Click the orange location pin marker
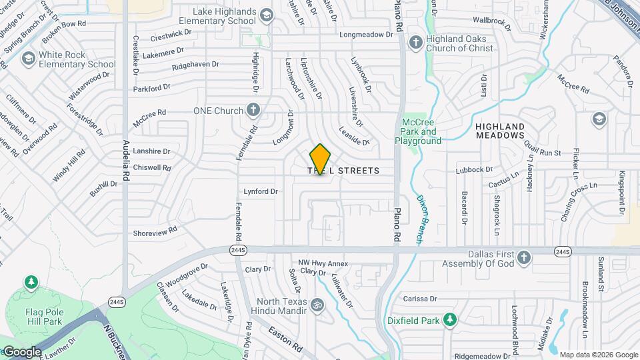pyautogui.click(x=321, y=159)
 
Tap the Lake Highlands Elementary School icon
pyautogui.click(x=267, y=15)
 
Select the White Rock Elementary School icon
pyautogui.click(x=29, y=59)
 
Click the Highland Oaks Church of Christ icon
pyautogui.click(x=415, y=43)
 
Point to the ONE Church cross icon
pyautogui.click(x=253, y=109)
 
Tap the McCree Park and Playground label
pyautogui.click(x=418, y=131)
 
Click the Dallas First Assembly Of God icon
pyautogui.click(x=525, y=257)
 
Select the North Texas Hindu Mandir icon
pyautogui.click(x=317, y=302)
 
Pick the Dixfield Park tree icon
pyautogui.click(x=450, y=321)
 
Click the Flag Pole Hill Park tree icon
pyautogui.click(x=31, y=282)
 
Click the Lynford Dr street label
pyautogui.click(x=261, y=191)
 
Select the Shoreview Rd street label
pyautogui.click(x=155, y=231)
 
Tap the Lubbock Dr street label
pyautogui.click(x=474, y=170)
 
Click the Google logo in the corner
pyautogui.click(x=21, y=352)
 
